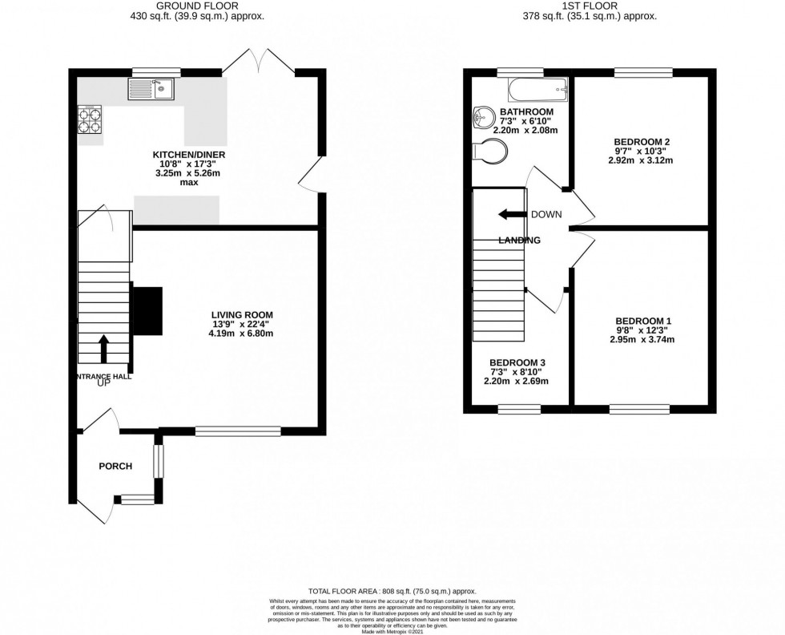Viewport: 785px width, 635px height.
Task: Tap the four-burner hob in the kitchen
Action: (89, 119)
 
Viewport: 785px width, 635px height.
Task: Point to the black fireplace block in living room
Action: (147, 310)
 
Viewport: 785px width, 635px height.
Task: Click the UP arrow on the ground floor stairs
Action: (103, 349)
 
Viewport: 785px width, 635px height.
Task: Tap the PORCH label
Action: (115, 466)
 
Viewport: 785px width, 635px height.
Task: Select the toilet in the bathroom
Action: (489, 151)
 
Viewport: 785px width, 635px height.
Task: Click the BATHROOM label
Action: (526, 111)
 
